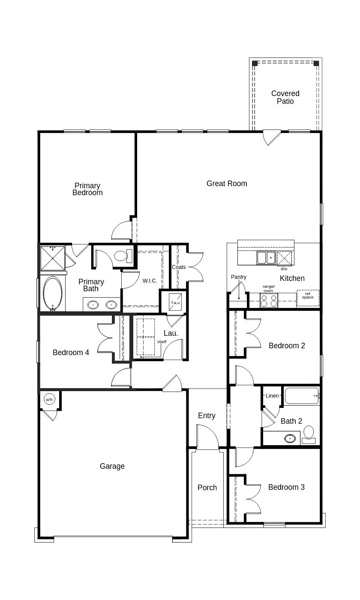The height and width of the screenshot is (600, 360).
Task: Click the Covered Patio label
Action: pos(285,97)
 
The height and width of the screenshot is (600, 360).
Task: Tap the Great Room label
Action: pos(227,184)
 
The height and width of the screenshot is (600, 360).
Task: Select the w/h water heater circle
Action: pos(49,400)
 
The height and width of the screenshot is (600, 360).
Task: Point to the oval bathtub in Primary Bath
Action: pos(53,294)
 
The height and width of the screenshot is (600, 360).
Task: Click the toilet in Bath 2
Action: pos(309,433)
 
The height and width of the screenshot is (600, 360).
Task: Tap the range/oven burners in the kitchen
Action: pos(269,300)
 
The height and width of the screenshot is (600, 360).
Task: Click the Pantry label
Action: pos(239,277)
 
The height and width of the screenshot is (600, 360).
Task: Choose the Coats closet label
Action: pos(179,267)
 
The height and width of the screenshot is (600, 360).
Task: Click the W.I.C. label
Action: pos(150,281)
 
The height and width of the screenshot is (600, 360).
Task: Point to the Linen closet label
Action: pos(272,396)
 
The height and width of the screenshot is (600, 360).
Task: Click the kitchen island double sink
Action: pos(266,258)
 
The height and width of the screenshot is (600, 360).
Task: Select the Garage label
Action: pos(112,466)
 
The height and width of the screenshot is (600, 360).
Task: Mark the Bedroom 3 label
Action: pos(286,487)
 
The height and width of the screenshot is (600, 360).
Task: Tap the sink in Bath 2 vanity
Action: pos(290,438)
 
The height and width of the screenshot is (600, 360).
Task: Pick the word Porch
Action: pos(207,488)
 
